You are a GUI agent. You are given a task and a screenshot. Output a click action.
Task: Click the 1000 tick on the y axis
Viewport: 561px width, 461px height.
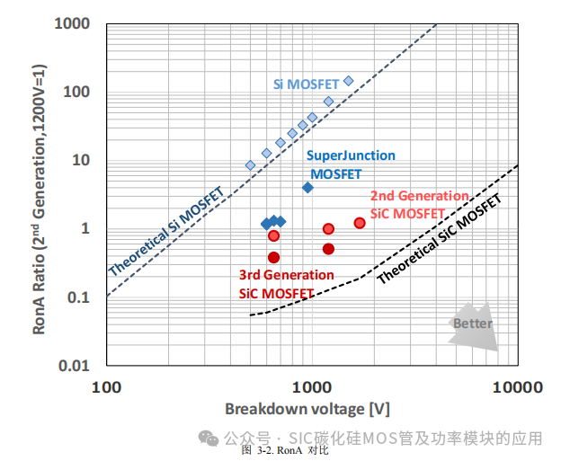point(74,23)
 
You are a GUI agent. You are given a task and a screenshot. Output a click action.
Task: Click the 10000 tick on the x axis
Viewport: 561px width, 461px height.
point(517,387)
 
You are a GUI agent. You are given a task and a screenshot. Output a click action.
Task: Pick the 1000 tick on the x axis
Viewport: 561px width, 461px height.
point(312,387)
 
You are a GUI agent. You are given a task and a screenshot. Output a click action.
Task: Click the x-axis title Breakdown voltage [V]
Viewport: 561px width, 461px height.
point(307,409)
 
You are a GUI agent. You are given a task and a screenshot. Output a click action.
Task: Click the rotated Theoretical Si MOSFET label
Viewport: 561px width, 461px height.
point(167,231)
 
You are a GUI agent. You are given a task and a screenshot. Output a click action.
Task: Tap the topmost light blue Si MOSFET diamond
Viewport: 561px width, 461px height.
point(349,81)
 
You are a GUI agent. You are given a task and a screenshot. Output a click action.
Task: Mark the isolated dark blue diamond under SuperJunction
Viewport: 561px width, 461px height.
point(307,187)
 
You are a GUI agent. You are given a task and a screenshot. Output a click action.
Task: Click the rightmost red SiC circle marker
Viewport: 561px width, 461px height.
point(360,223)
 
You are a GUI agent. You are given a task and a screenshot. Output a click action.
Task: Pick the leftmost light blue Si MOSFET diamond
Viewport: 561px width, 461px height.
point(251,165)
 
